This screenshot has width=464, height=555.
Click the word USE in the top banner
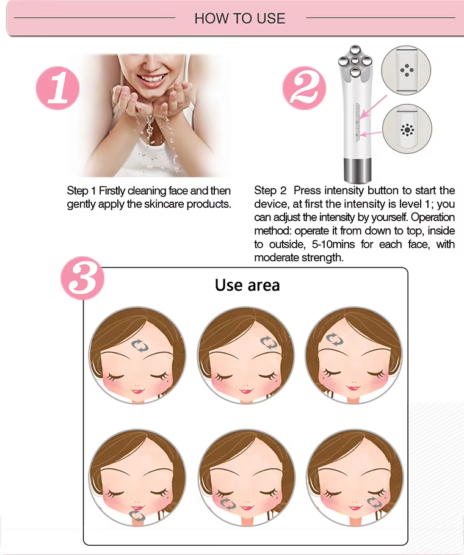click(271, 18)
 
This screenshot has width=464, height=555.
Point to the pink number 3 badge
click(82, 280)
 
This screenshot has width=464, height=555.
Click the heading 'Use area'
click(247, 285)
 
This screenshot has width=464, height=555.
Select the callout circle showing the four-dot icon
click(406, 71)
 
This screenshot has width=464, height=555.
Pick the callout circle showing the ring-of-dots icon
click(406, 129)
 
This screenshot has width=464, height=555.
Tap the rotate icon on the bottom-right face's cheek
click(376, 502)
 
